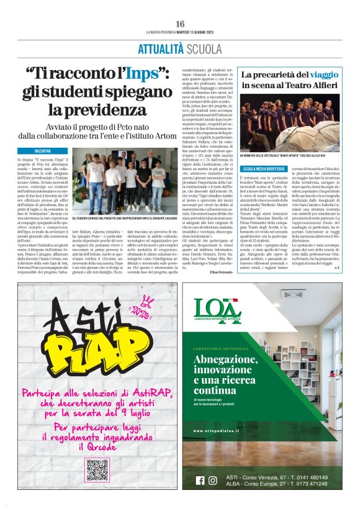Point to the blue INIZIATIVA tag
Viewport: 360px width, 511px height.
43,151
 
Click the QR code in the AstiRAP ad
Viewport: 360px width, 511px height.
98,471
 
